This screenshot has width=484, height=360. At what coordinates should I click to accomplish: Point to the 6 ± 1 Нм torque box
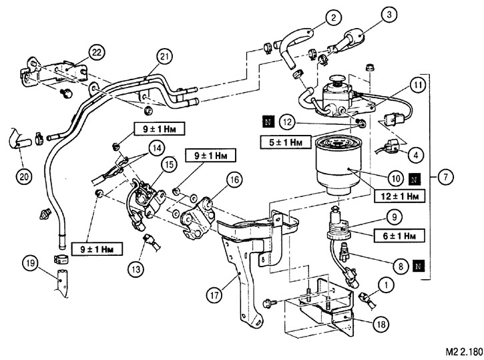coord(398,236)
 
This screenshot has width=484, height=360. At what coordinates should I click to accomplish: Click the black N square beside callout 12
coord(268,122)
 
